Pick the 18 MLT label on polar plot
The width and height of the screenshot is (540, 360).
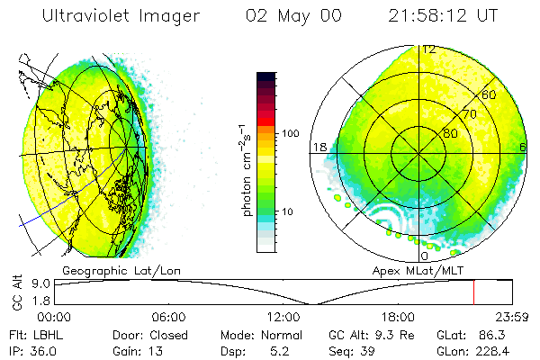coord(318,147)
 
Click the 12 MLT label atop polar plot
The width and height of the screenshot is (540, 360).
coord(429,50)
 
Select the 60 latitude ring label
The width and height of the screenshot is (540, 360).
coord(490,94)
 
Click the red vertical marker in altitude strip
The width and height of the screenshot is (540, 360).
coord(474,292)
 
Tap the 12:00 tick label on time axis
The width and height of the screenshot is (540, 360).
coord(283,317)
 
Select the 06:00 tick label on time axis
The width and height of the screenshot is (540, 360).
coord(169,317)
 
